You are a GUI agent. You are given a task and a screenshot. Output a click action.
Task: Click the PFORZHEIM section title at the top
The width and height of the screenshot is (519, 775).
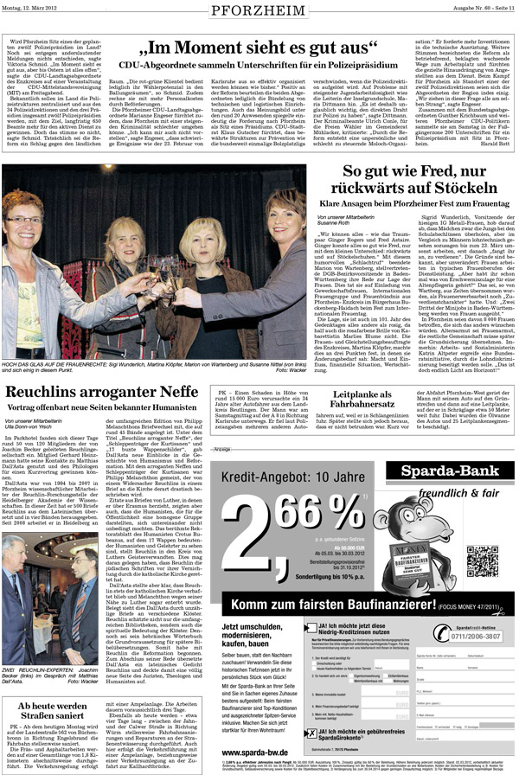point(259,13)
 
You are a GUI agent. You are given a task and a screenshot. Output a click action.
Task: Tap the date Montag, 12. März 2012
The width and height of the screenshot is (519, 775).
point(35,9)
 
